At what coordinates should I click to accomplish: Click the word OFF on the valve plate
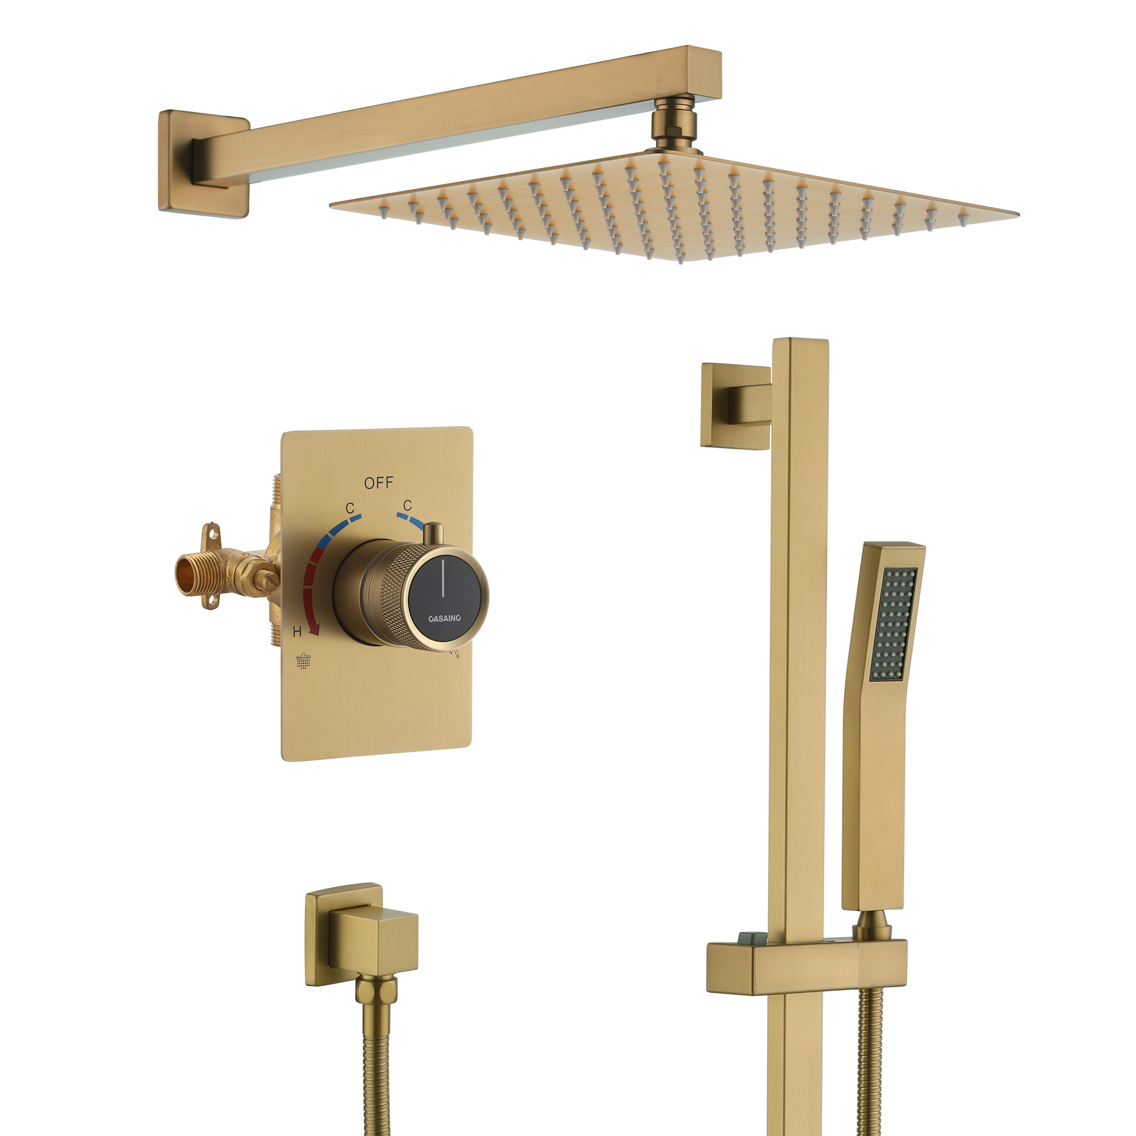coord(378,483)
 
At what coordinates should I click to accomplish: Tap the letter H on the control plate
coord(298,632)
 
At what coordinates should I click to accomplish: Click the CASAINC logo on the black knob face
coord(445,618)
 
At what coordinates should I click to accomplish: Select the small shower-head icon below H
coord(303,661)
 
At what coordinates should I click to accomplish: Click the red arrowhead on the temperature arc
coord(315,630)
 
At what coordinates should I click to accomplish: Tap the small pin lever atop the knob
coord(434,533)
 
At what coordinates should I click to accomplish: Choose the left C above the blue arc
coord(350,507)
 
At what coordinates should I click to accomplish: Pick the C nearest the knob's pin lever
coord(407,505)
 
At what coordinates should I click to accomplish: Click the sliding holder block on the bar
coord(805,967)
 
